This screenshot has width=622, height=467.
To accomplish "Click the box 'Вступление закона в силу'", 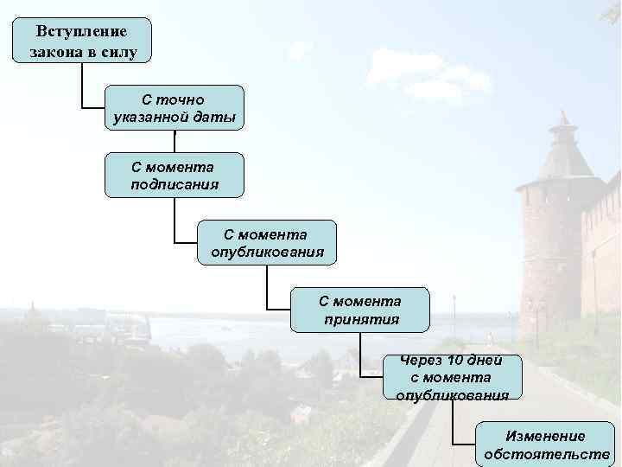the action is [x=82, y=40].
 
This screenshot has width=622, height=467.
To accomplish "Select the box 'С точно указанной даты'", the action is [x=174, y=108].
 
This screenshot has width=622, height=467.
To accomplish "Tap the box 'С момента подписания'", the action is [x=174, y=175].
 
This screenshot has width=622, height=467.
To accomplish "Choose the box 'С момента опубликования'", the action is [x=267, y=242].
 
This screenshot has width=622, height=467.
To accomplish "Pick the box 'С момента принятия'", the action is [x=359, y=310].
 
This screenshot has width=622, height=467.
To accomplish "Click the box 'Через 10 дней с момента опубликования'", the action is [x=453, y=377].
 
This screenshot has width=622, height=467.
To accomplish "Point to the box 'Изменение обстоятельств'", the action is [x=546, y=445].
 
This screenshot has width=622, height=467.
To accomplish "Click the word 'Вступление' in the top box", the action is [x=82, y=31].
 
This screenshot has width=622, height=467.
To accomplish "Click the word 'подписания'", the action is [x=174, y=184].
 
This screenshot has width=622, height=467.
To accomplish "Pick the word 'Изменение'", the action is [x=546, y=436].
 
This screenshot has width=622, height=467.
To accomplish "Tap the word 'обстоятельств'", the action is [x=546, y=454].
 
